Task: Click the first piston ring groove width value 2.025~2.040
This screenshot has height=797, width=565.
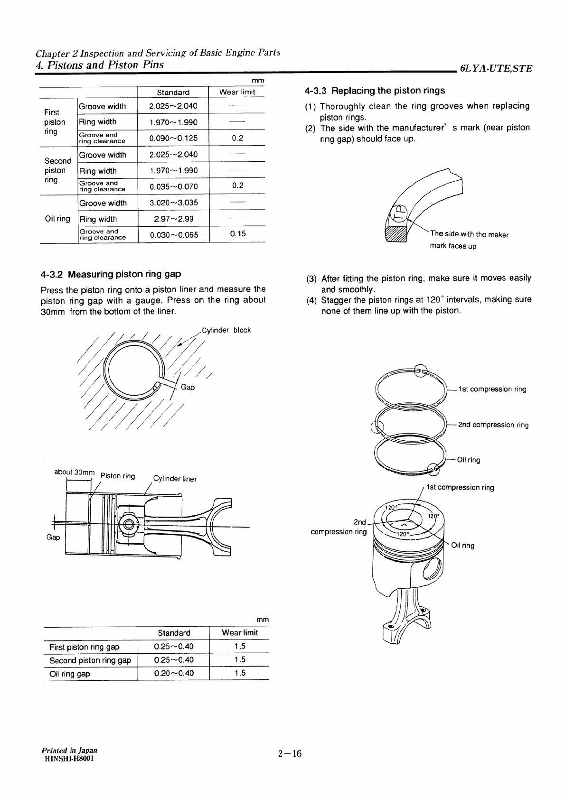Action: [173, 106]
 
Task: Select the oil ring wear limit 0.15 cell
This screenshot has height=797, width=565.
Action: [237, 234]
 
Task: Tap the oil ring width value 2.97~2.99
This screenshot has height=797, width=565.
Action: [173, 219]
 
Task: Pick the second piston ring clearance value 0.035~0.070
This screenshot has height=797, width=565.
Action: [173, 186]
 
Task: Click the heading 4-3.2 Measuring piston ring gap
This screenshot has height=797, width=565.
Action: [111, 274]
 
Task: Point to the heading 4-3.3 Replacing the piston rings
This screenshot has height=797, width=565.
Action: [375, 91]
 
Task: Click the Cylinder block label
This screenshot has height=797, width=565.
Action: [226, 330]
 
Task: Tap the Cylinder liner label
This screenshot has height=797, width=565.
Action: [175, 479]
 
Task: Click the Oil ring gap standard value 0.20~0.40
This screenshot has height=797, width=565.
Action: [174, 673]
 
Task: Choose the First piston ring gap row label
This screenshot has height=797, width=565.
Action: [84, 647]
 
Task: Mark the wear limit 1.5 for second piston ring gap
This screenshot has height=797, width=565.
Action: [240, 659]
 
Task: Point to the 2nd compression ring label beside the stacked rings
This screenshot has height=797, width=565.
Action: [493, 425]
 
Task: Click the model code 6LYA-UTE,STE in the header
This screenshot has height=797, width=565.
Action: [496, 68]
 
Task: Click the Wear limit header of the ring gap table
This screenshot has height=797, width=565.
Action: [240, 633]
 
